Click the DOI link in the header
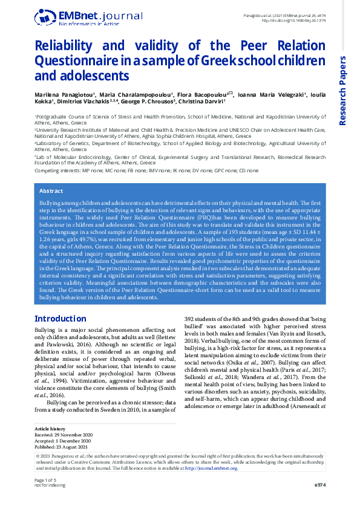point(292,20)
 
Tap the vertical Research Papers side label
point(342,91)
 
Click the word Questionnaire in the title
point(74,60)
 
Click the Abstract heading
point(51,191)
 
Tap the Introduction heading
point(60,319)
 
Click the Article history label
point(50,446)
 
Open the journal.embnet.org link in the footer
point(211,485)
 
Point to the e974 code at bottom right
point(320,502)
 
